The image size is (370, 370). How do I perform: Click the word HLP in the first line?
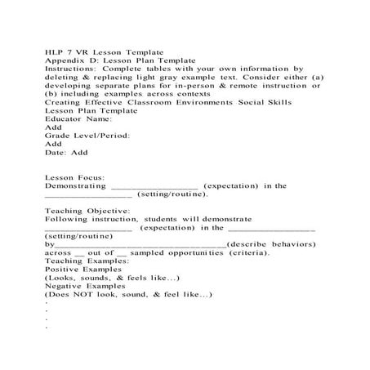[55, 51]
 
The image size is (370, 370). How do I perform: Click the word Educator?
[66, 119]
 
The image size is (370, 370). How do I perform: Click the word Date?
[56, 152]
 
